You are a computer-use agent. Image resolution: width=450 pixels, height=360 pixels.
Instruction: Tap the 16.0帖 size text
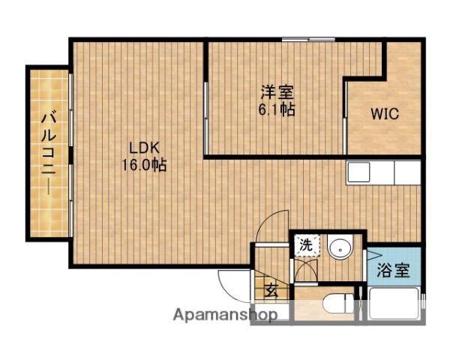coord(145,164)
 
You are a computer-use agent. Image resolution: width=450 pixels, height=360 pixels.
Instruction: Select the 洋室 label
coord(277,93)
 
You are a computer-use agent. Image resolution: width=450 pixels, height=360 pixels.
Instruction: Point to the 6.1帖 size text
coord(277,109)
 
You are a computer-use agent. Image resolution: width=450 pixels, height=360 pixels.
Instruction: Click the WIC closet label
coord(384,115)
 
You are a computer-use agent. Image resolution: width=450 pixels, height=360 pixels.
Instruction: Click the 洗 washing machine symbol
coord(306,245)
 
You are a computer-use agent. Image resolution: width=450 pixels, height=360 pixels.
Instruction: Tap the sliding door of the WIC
coord(344,120)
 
